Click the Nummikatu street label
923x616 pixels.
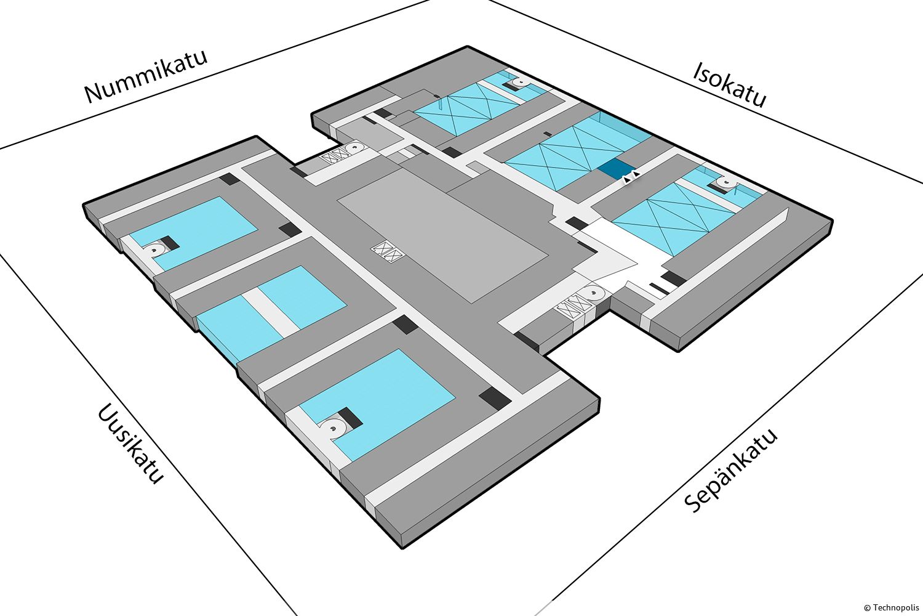click(x=146, y=76)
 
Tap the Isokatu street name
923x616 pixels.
click(x=730, y=84)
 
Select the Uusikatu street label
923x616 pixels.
click(x=130, y=444)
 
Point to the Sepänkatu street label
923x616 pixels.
click(x=732, y=471)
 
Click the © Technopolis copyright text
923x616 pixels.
click(x=892, y=607)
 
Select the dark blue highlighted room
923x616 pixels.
click(x=616, y=168)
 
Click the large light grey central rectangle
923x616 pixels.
click(x=443, y=234)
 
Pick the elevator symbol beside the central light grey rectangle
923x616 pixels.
click(x=386, y=253)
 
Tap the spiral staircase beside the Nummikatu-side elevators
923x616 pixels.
click(x=355, y=148)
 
